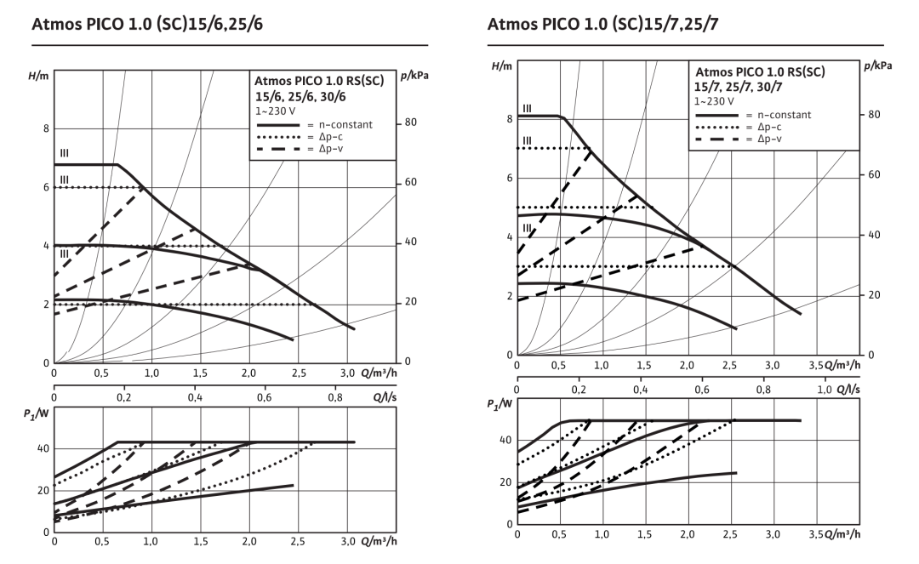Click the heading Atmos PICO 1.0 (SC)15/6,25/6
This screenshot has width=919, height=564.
pyautogui.click(x=147, y=25)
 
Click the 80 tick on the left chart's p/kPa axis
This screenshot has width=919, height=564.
pyautogui.click(x=410, y=122)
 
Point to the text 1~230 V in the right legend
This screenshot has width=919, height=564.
pyautogui.click(x=716, y=101)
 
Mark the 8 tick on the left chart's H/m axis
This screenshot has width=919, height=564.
pyautogui.click(x=46, y=129)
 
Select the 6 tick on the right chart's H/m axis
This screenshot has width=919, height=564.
pyautogui.click(x=508, y=178)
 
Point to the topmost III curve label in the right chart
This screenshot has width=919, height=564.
pyautogui.click(x=527, y=108)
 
